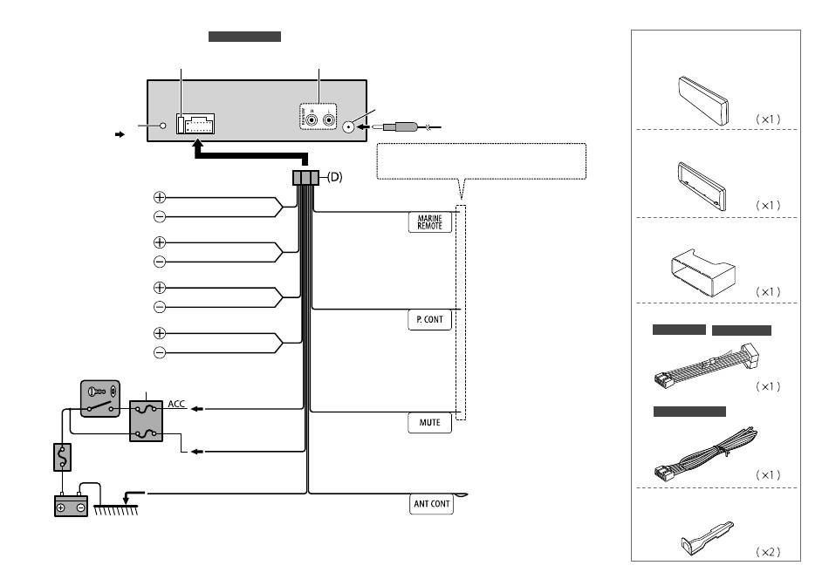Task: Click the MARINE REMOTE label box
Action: (430, 221)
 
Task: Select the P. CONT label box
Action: (430, 320)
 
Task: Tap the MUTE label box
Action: (430, 423)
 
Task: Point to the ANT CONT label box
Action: (431, 504)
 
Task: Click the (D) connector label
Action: (335, 177)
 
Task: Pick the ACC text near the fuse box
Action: (176, 404)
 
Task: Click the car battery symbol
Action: (72, 505)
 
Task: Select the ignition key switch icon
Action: (100, 398)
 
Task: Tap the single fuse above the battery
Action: (62, 457)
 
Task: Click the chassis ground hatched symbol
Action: (116, 510)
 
